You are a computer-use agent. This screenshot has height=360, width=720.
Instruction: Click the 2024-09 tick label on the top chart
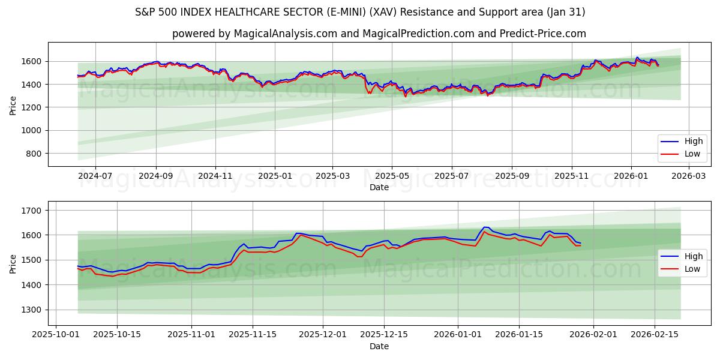156,176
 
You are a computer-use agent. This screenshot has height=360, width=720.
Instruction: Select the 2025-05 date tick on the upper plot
392,176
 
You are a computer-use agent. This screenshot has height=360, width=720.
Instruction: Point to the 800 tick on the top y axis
34,154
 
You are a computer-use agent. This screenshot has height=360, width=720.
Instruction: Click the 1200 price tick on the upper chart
31,107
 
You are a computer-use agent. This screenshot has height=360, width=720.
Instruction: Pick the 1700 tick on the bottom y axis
31,211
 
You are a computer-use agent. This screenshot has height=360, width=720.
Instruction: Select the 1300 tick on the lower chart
31,310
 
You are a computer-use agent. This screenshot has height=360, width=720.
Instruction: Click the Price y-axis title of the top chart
13,104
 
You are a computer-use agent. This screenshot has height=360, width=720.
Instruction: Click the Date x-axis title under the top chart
379,187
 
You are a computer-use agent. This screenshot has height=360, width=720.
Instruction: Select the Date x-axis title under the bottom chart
379,346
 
